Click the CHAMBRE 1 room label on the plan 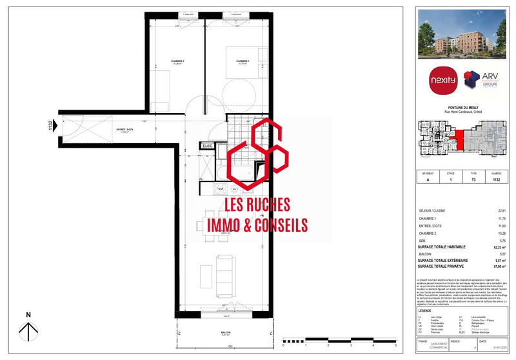(243, 62)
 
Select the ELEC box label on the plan (208, 146)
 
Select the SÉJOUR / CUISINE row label (432, 211)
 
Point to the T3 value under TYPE (474, 180)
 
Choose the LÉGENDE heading (426, 310)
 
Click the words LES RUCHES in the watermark (257, 205)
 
